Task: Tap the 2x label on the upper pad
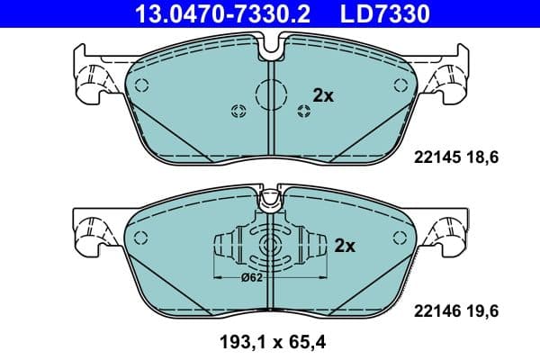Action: pos(322,94)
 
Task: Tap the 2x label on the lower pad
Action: pos(346,245)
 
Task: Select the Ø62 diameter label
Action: pos(252,279)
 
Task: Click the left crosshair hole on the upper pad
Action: pos(238,111)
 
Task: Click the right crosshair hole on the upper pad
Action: pos(302,111)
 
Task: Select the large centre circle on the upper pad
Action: pos(270,93)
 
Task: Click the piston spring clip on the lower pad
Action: pos(269,247)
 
